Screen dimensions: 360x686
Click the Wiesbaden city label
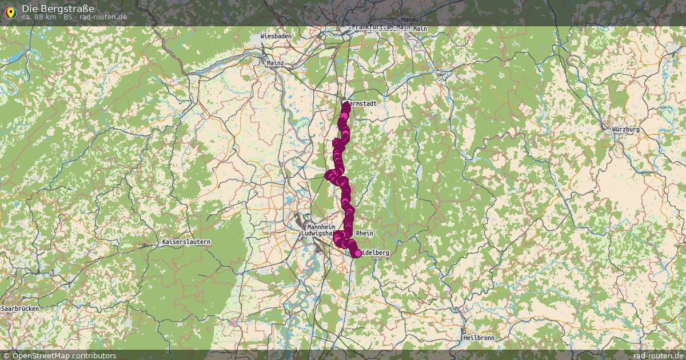pyautogui.click(x=276, y=36)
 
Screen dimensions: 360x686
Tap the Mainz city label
pyautogui.click(x=275, y=63)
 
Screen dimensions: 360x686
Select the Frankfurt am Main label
pyautogui.click(x=381, y=27)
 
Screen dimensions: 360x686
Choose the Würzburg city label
pyautogui.click(x=625, y=130)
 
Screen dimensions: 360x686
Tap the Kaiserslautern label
pyautogui.click(x=186, y=242)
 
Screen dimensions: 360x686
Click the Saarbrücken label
pyautogui.click(x=20, y=309)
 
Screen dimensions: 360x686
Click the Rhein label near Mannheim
pyautogui.click(x=364, y=234)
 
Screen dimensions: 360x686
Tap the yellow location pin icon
pyautogui.click(x=10, y=12)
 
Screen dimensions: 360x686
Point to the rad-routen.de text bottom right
pyautogui.click(x=659, y=355)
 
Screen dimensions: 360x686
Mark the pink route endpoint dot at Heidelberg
pyautogui.click(x=358, y=253)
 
